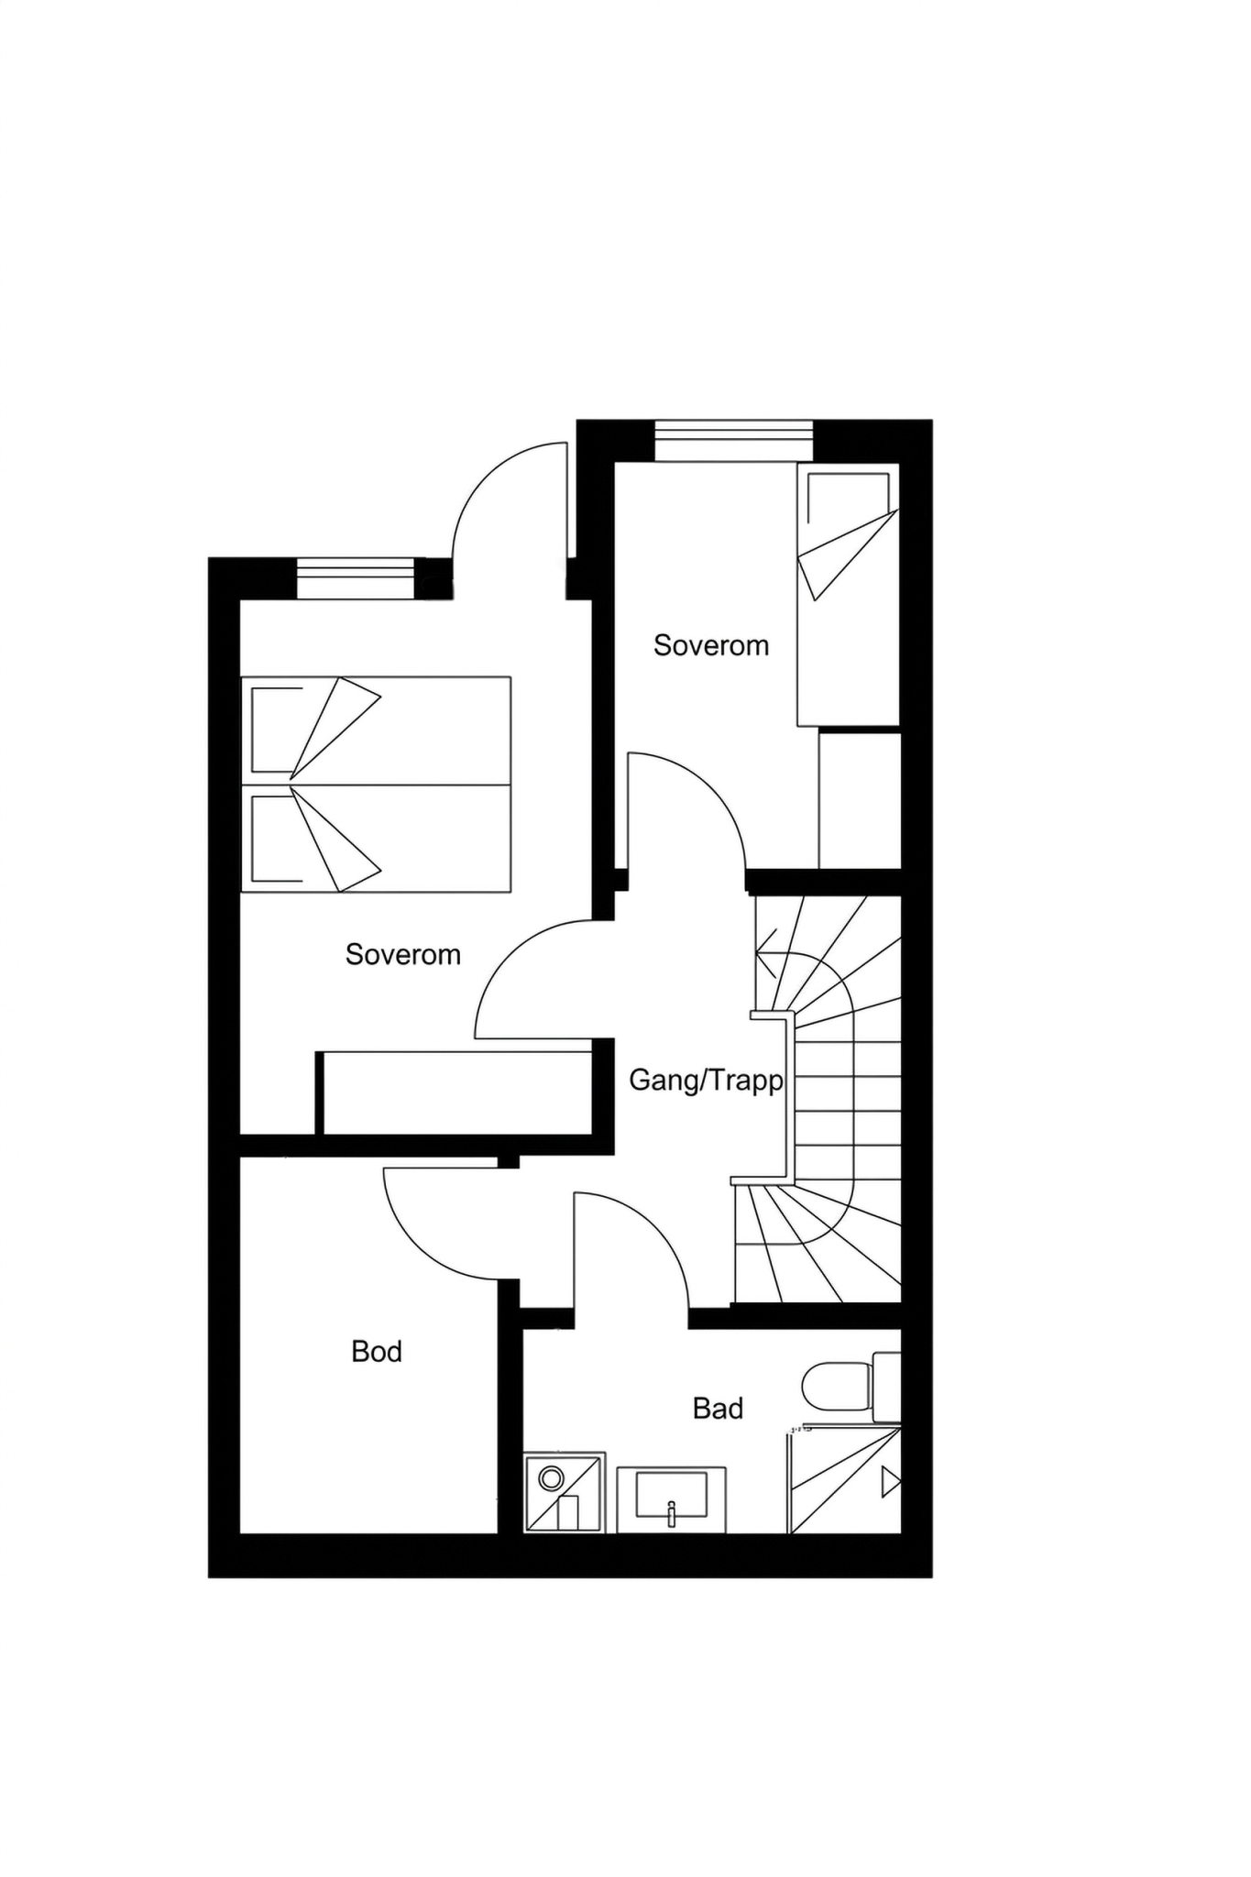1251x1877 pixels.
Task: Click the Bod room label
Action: point(377,1352)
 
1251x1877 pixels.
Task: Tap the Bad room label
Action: point(718,1409)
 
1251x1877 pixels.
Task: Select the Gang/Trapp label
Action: point(706,1081)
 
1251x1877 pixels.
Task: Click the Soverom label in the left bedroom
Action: point(402,955)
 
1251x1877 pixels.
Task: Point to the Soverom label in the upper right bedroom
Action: point(710,645)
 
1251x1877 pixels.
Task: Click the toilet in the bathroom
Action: point(851,1385)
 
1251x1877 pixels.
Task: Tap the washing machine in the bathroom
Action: point(565,1492)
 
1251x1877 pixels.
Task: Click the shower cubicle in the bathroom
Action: point(844,1478)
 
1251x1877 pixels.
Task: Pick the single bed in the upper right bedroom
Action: point(848,595)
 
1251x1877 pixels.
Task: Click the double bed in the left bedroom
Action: point(376,785)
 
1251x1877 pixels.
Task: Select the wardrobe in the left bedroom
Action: point(455,1092)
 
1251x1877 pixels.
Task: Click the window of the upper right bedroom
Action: point(733,441)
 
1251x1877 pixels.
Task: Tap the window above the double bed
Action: point(357,578)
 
